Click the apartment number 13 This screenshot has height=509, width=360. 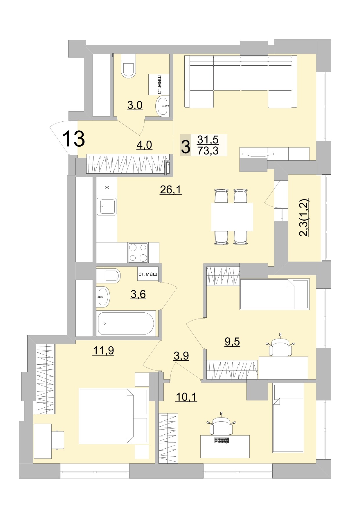(x=73, y=139)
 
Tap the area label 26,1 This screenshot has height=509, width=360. (x=171, y=190)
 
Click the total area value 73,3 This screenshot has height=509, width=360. (x=208, y=151)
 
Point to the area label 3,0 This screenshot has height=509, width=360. (x=135, y=105)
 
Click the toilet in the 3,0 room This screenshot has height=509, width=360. (x=129, y=68)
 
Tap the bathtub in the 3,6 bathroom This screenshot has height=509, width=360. (x=126, y=323)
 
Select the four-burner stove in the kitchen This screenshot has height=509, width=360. (x=138, y=253)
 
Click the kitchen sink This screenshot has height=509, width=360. (x=107, y=206)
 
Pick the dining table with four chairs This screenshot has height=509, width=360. (x=232, y=217)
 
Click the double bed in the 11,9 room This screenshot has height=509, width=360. (x=113, y=416)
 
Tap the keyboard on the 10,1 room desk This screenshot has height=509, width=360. (x=221, y=440)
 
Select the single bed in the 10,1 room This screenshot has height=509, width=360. (x=288, y=418)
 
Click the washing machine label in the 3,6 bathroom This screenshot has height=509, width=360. (x=148, y=274)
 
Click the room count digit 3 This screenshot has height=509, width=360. (x=186, y=147)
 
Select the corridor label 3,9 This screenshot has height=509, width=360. (x=181, y=356)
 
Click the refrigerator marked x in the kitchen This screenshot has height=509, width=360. (x=107, y=187)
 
